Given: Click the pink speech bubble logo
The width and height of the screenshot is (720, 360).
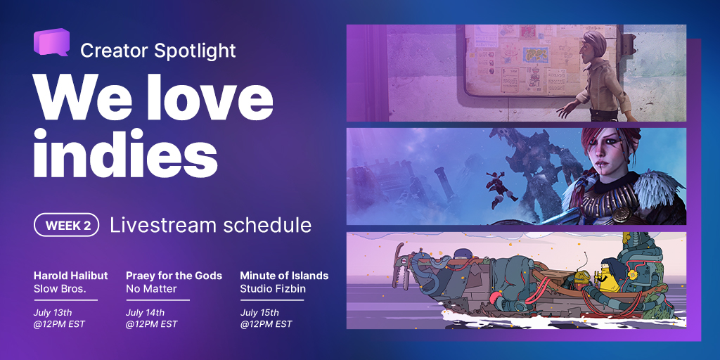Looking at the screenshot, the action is pyautogui.click(x=51, y=42).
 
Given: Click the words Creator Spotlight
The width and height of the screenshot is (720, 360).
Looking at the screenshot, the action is pyautogui.click(x=158, y=51).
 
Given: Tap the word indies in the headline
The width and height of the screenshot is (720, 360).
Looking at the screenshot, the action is pyautogui.click(x=125, y=153).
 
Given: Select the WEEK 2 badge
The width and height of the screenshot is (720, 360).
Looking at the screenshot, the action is pyautogui.click(x=67, y=225).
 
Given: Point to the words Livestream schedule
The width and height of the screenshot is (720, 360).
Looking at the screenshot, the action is pyautogui.click(x=211, y=225).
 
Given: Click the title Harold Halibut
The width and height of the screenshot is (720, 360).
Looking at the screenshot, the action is pyautogui.click(x=71, y=276).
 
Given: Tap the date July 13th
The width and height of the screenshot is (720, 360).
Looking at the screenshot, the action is pyautogui.click(x=53, y=313).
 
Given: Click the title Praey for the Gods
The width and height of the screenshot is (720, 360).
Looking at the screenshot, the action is pyautogui.click(x=174, y=276).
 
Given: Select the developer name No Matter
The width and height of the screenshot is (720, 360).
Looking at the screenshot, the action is pyautogui.click(x=151, y=289).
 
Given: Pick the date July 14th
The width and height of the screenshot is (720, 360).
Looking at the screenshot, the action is pyautogui.click(x=145, y=313).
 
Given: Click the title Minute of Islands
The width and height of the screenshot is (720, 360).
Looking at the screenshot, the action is pyautogui.click(x=284, y=276).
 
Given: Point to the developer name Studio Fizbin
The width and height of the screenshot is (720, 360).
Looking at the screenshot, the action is pyautogui.click(x=273, y=289).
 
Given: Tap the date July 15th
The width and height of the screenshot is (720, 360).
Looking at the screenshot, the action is pyautogui.click(x=259, y=313).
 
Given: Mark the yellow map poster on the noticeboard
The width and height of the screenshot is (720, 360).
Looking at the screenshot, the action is pyautogui.click(x=534, y=55).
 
